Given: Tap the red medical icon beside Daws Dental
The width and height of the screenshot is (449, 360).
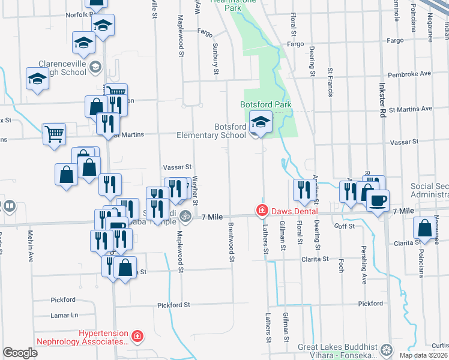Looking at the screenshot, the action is click(x=262, y=210).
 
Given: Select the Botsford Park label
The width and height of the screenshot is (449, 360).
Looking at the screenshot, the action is click(x=265, y=104).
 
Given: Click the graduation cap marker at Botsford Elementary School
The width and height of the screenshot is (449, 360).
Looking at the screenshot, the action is click(x=261, y=122).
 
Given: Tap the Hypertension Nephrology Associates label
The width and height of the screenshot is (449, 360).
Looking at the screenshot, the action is click(x=104, y=337).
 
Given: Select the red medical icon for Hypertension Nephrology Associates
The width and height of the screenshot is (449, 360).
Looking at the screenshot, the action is click(x=137, y=337).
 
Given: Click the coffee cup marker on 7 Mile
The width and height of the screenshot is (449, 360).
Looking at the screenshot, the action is click(x=378, y=200).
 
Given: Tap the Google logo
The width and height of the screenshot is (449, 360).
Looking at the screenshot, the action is click(x=20, y=353).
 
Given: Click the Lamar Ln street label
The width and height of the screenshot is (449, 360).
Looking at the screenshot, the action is click(x=65, y=315).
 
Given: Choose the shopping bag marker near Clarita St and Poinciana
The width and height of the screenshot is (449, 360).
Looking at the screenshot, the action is click(x=425, y=228).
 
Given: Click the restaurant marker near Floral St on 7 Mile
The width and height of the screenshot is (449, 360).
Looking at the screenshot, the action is click(x=302, y=190).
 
